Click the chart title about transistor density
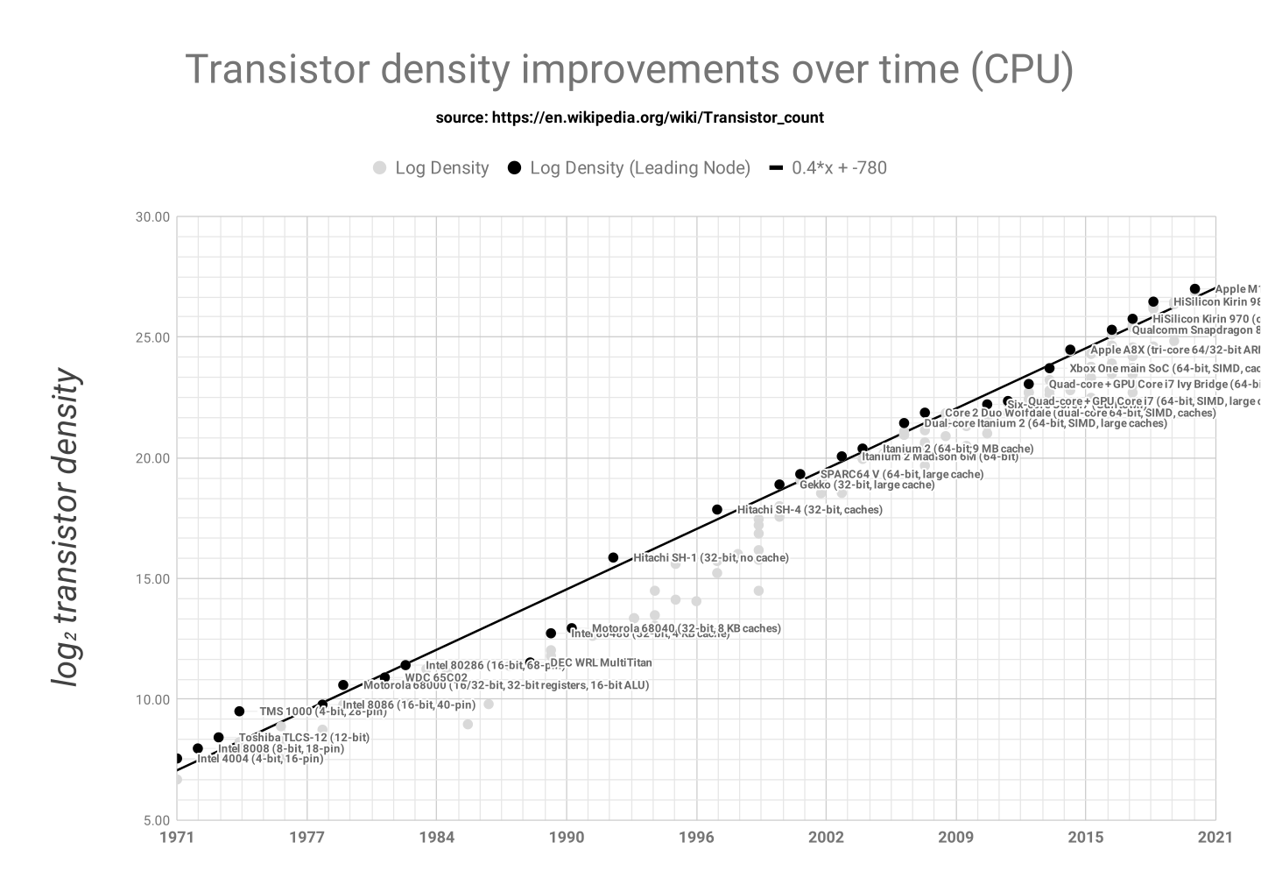[629, 70]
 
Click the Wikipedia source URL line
[629, 117]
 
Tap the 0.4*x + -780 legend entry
[828, 168]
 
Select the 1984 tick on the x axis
[436, 837]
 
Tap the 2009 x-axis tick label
[955, 837]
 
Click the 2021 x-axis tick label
[1215, 837]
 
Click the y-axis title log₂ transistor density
[67, 528]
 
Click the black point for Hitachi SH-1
[613, 558]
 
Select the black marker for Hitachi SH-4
[717, 510]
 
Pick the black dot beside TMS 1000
[240, 711]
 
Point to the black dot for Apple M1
[1195, 289]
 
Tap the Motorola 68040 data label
[686, 628]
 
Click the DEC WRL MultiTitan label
[601, 663]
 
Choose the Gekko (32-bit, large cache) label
[867, 485]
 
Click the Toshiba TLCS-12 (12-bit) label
[304, 738]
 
